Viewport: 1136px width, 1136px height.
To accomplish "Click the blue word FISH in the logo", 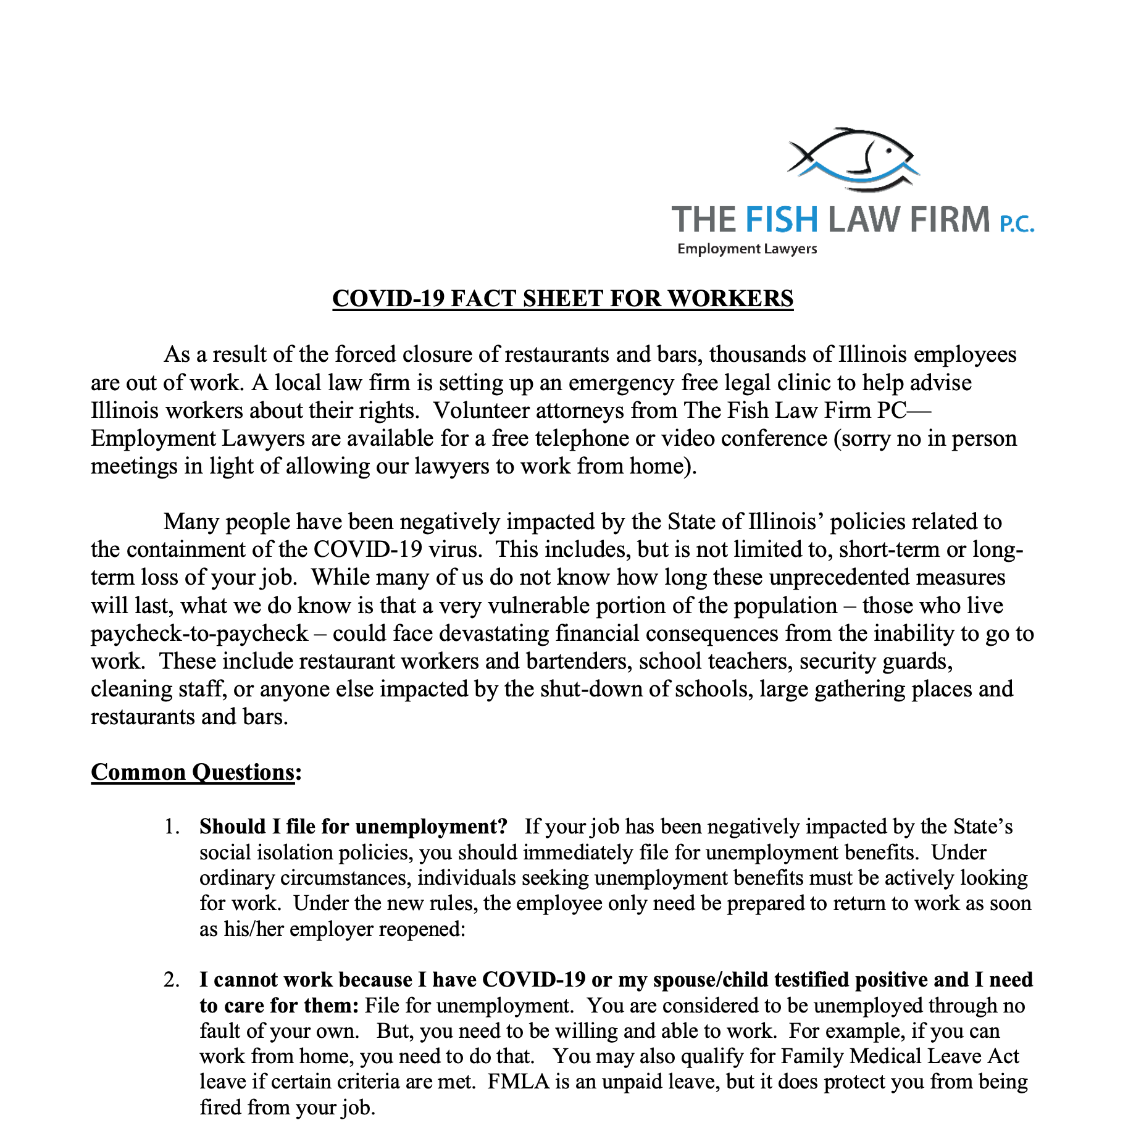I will pos(781,220).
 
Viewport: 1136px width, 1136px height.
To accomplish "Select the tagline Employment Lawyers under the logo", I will pos(747,249).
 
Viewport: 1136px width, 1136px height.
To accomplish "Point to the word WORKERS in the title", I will pos(731,299).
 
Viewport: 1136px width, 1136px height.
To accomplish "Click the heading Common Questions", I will pos(193,772).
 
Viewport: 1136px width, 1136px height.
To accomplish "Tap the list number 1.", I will pos(171,827).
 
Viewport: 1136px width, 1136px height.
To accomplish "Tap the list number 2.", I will pos(171,980).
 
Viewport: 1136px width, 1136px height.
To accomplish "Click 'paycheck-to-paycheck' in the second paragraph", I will pos(199,633).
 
